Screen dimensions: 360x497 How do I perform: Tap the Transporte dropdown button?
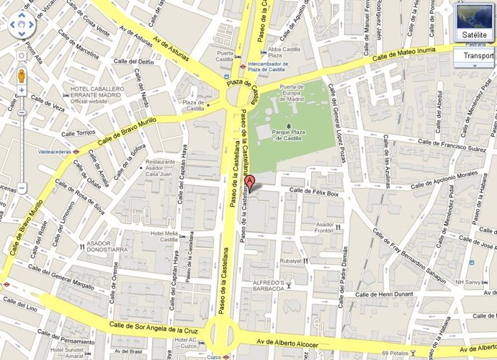click(477, 56)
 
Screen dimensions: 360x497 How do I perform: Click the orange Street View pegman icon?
click(22, 76)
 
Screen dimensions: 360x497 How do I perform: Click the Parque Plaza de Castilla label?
click(296, 132)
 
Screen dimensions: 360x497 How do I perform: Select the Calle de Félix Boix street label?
click(313, 192)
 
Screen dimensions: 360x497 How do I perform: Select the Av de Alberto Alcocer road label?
click(278, 343)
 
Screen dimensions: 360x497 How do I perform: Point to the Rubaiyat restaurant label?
click(291, 261)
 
